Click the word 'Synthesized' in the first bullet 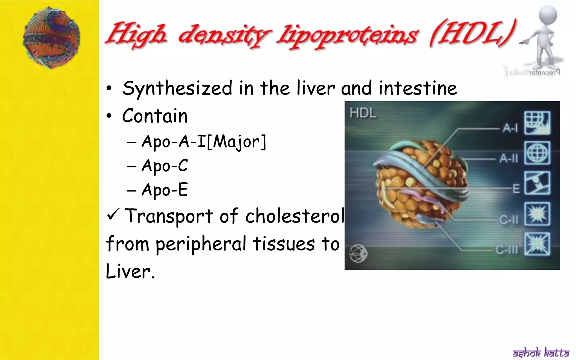coord(177,89)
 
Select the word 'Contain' coord(155,116)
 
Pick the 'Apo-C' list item coord(165,166)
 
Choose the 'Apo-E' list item coord(165,190)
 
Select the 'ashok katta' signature coord(541,352)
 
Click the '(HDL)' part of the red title coord(472,35)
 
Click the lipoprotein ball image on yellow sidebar coord(51,38)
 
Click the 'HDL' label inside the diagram coord(363,113)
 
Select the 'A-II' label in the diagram coord(508,159)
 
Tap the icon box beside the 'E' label coord(537,183)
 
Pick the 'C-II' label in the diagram coord(508,220)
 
